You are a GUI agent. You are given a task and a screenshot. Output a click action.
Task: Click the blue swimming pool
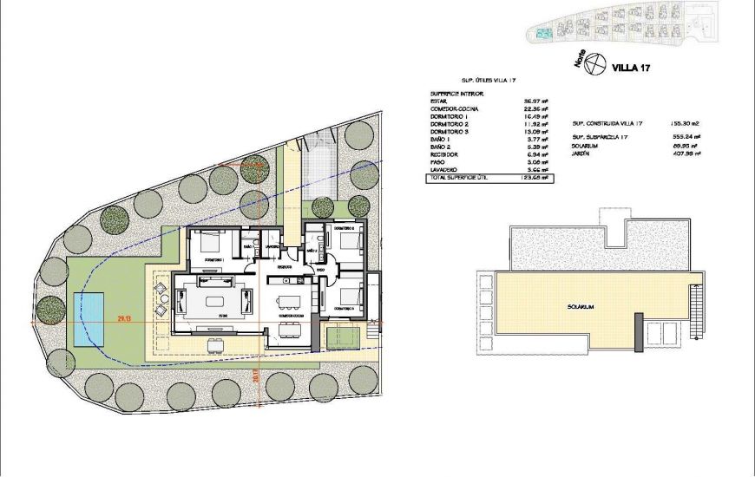point(89,317)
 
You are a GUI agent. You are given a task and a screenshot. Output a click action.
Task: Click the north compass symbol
point(595,63)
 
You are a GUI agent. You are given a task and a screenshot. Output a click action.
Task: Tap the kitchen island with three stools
point(289,302)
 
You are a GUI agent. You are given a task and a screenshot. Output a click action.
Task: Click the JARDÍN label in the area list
point(583,154)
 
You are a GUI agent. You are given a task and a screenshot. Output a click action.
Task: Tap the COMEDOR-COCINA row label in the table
point(455,108)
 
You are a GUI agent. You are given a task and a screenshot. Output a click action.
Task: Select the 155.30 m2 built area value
point(685,123)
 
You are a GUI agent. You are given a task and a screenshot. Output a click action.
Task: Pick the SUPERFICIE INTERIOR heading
point(456,93)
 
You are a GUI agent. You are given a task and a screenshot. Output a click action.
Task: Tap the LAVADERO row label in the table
point(447,169)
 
